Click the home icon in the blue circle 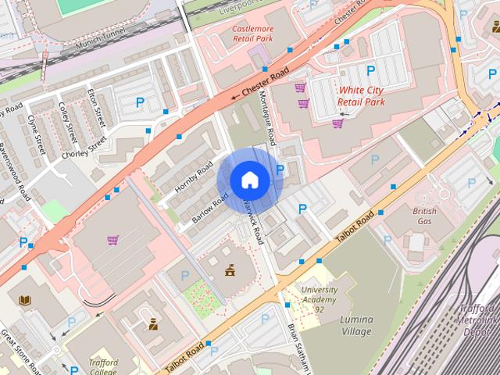point(249,180)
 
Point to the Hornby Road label point(194,177)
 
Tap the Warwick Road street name point(255,223)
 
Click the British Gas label point(424,216)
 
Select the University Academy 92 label point(320,300)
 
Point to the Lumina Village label point(356,325)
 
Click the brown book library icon point(25,300)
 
